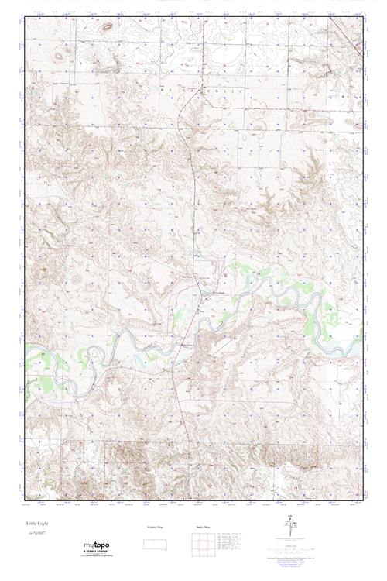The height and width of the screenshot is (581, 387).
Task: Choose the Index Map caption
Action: point(202,527)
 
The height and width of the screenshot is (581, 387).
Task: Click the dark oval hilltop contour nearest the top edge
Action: point(106,26)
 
